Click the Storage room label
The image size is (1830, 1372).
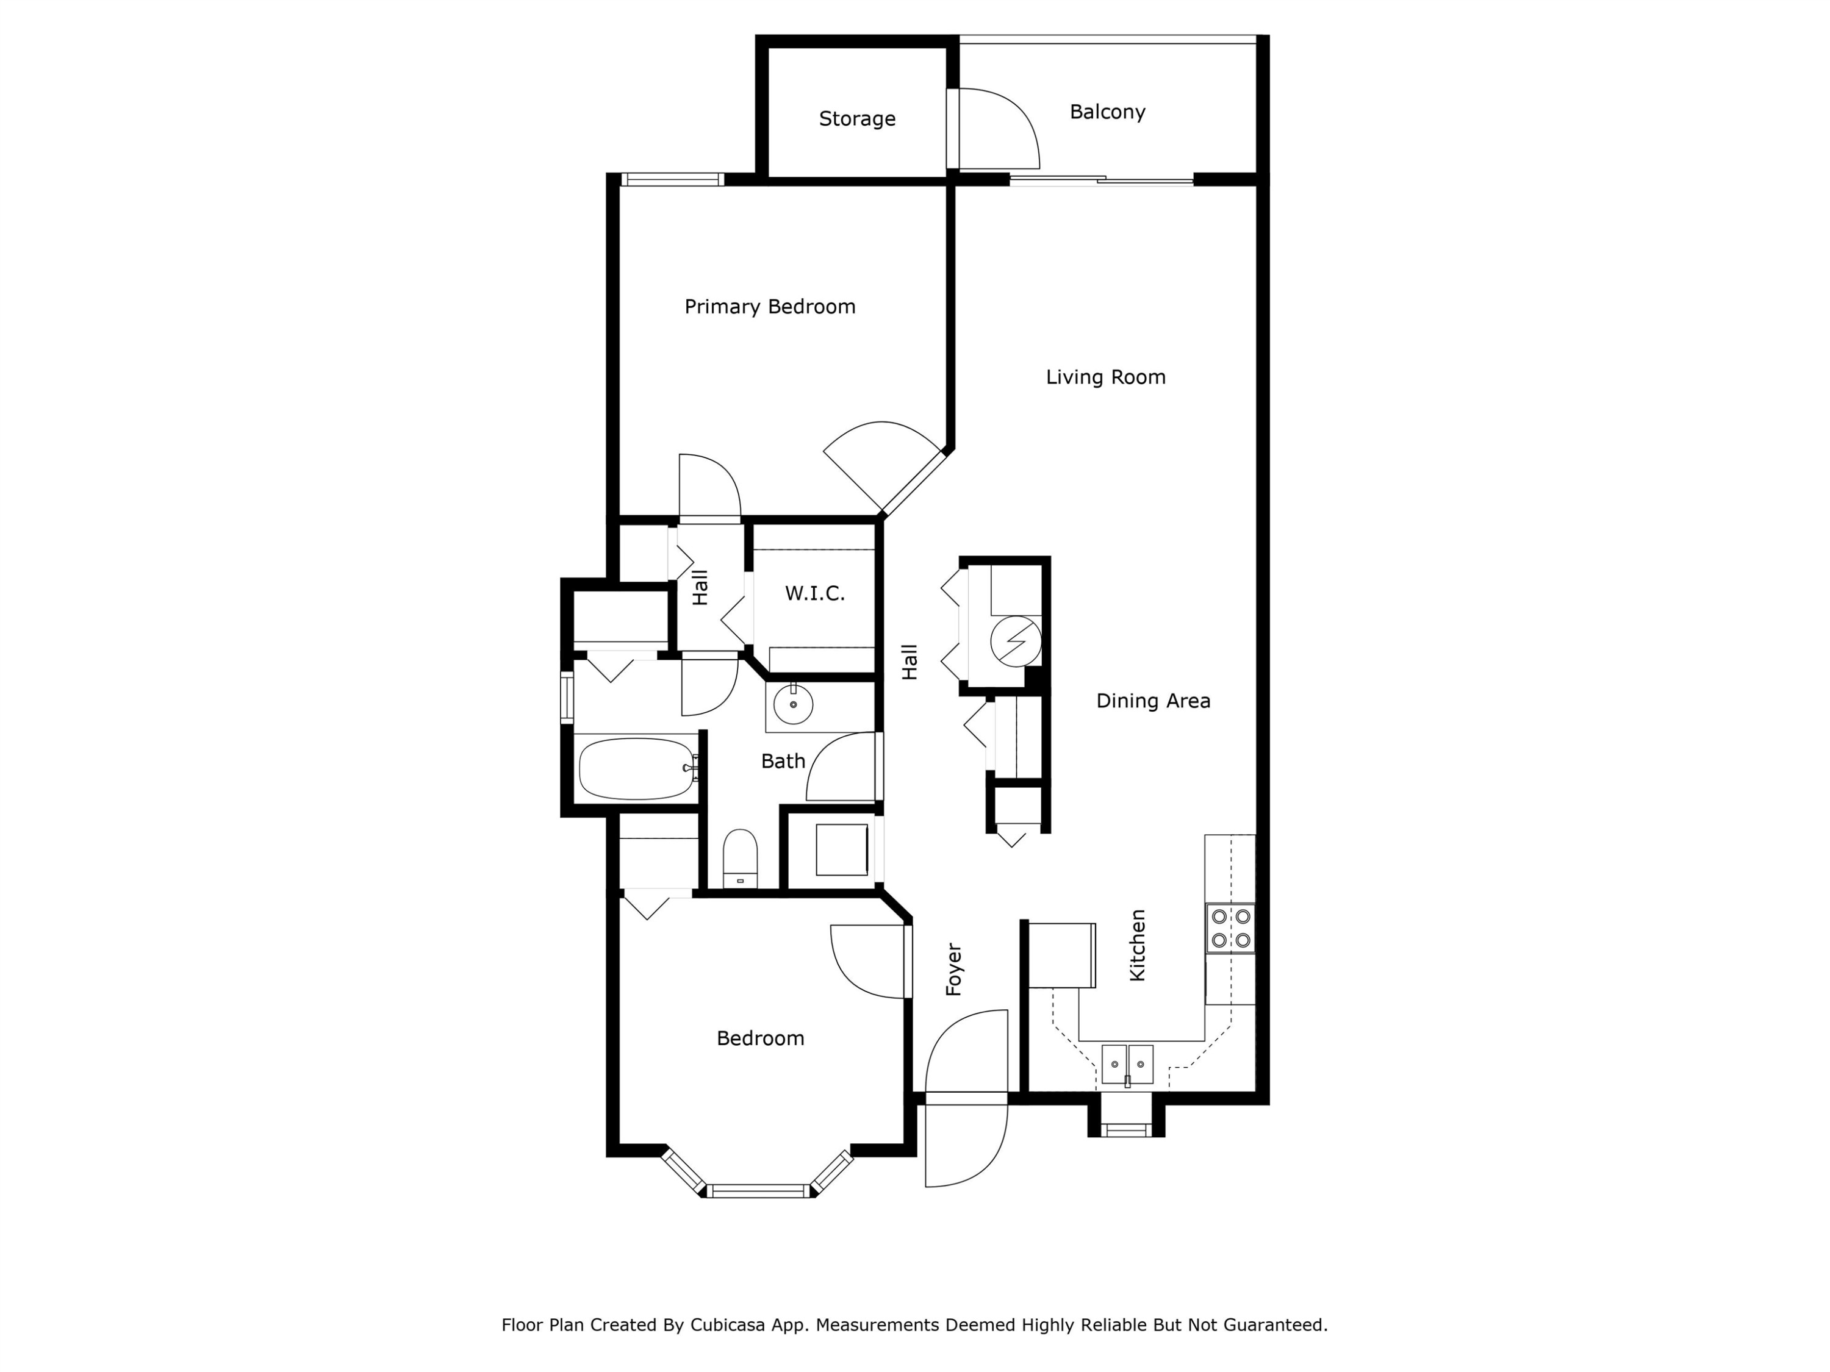pyautogui.click(x=857, y=119)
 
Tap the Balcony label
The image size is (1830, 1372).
pyautogui.click(x=1107, y=112)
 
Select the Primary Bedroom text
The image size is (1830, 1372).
pyautogui.click(x=769, y=307)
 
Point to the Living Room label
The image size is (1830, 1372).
pyautogui.click(x=1105, y=377)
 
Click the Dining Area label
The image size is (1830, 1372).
pyautogui.click(x=1152, y=701)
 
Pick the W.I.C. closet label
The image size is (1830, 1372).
pyautogui.click(x=814, y=593)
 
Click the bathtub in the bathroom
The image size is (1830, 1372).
pyautogui.click(x=636, y=768)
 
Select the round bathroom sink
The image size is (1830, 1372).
pyautogui.click(x=792, y=705)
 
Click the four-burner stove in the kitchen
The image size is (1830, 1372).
pyautogui.click(x=1230, y=928)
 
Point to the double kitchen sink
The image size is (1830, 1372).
pyautogui.click(x=1127, y=1064)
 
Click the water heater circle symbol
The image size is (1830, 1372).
pyautogui.click(x=1016, y=641)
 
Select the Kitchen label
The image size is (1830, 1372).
pyautogui.click(x=1138, y=945)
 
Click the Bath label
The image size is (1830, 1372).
pyautogui.click(x=783, y=761)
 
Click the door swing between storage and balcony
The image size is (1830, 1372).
pyautogui.click(x=997, y=128)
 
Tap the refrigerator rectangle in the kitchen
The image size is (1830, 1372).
pyautogui.click(x=1061, y=955)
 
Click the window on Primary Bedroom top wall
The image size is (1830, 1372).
pyautogui.click(x=673, y=179)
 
